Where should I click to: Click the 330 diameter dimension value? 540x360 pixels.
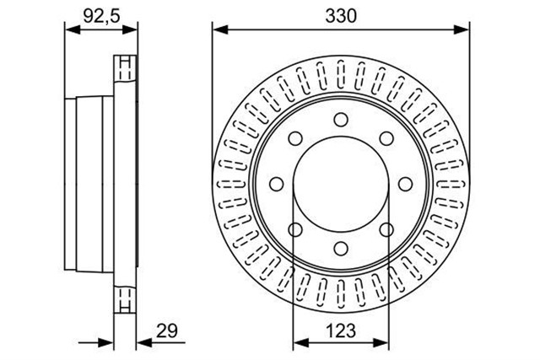coord(341,16)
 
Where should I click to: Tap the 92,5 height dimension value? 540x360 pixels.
coord(101,16)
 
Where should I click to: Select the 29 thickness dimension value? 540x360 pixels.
coord(167,330)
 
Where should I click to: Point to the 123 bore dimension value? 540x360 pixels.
coord(341,330)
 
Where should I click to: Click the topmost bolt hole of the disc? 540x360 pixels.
coord(341,120)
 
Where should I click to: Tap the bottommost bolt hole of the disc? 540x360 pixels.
coord(341,249)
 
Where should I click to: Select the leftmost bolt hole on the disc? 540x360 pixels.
coord(276,184)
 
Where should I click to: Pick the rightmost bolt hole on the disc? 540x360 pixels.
coord(405,184)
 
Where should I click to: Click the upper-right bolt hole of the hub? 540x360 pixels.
coord(386,138)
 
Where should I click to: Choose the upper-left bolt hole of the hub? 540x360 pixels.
coord(295,138)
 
